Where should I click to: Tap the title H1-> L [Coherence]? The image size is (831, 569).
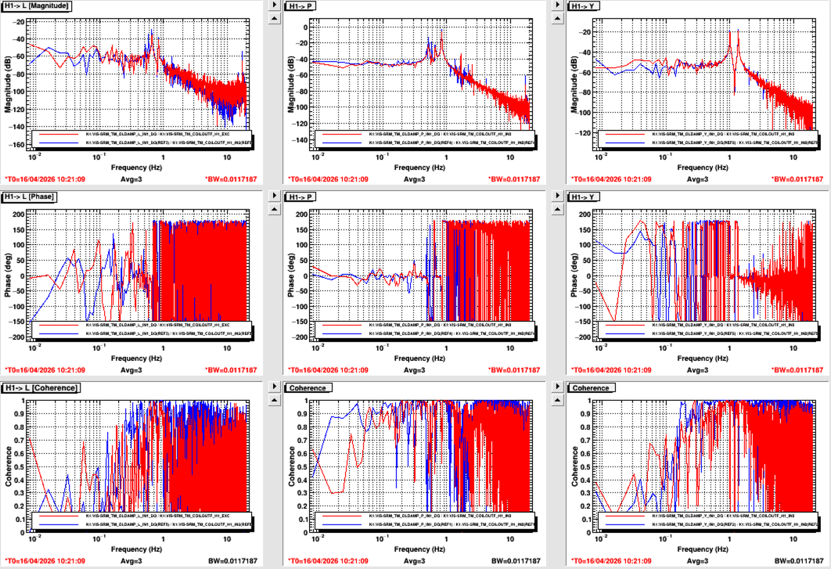click(x=36, y=388)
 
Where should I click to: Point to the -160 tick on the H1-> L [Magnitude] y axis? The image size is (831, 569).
click(x=21, y=145)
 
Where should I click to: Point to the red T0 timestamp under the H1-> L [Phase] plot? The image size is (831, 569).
click(x=45, y=370)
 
